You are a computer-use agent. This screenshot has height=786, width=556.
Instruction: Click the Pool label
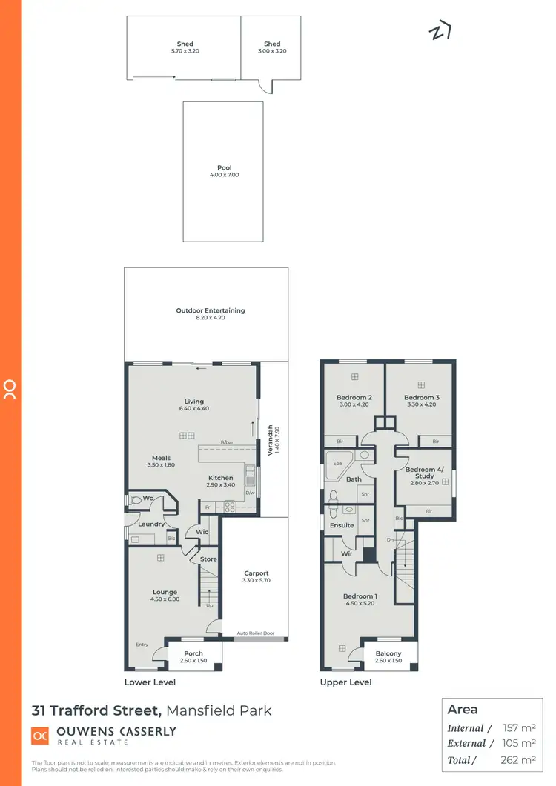(x=224, y=168)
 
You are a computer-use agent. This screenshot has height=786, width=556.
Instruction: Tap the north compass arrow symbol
(x=440, y=32)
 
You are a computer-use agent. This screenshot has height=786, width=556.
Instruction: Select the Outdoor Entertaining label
(x=210, y=310)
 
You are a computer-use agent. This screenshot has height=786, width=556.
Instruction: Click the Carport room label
(x=257, y=573)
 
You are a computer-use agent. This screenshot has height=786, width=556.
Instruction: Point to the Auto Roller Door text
(x=256, y=633)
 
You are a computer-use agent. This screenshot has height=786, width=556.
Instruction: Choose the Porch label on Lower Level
(x=193, y=653)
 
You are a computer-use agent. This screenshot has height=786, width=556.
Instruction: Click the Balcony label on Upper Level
(x=388, y=653)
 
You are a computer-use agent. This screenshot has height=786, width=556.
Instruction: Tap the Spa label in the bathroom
(x=337, y=463)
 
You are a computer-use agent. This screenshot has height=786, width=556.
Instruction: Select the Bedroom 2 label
(x=354, y=398)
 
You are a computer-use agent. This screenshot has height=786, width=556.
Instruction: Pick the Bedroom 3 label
(x=422, y=398)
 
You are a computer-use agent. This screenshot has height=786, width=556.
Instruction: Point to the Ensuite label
(x=342, y=525)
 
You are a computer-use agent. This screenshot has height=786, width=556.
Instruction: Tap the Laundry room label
(x=151, y=524)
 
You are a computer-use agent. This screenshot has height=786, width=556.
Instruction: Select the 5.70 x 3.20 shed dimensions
(x=185, y=51)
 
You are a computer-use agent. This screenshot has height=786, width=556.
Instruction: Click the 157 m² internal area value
(x=519, y=728)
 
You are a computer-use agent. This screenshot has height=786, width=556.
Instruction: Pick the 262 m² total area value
(x=519, y=759)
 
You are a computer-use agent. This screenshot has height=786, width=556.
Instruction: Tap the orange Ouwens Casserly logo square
(x=39, y=736)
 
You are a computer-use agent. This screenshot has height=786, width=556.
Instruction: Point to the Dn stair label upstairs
(x=391, y=539)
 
